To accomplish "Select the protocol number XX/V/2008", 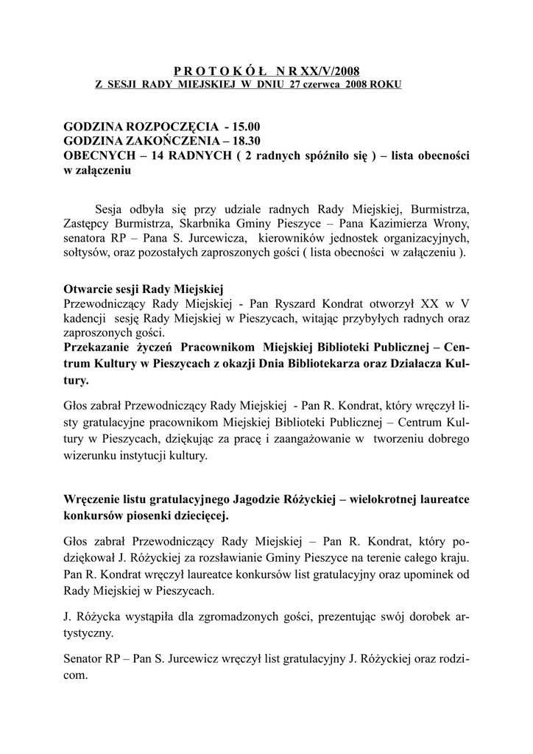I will click(x=326, y=71).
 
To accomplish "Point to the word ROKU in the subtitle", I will click(x=386, y=85).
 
